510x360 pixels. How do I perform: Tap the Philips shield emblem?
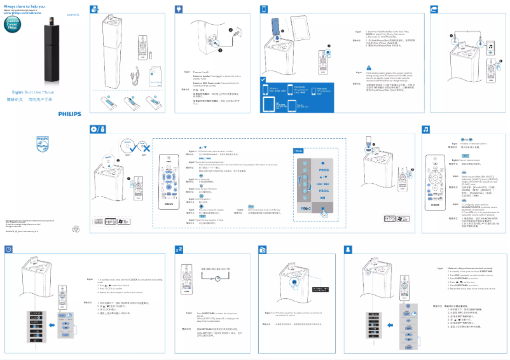[42, 142]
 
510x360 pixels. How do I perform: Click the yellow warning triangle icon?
[368, 67]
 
